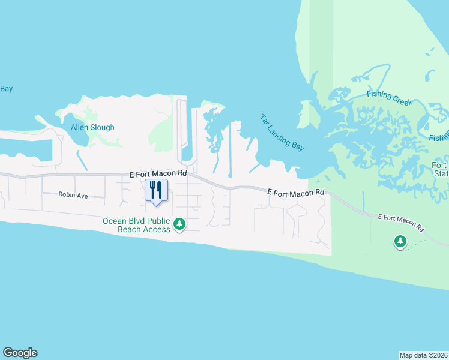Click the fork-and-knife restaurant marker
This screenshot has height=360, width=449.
pyautogui.click(x=156, y=190)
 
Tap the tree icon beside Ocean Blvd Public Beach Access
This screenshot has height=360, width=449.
pyautogui.click(x=179, y=224)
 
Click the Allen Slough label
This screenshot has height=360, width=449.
pyautogui.click(x=92, y=127)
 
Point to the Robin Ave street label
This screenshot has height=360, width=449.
pyautogui.click(x=73, y=195)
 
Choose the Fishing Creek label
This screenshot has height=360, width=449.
pyautogui.click(x=390, y=98)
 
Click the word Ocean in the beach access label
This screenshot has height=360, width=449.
pyautogui.click(x=114, y=220)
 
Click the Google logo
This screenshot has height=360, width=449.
pyautogui.click(x=20, y=353)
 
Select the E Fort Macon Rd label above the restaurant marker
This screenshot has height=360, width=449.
pyautogui.click(x=158, y=173)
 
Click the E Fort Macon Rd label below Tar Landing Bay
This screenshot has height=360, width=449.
pyautogui.click(x=295, y=192)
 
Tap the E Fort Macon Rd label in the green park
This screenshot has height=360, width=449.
pyautogui.click(x=400, y=222)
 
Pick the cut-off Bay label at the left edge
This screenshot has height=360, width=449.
pyautogui.click(x=6, y=89)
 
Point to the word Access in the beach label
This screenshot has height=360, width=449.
pyautogui.click(x=154, y=229)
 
